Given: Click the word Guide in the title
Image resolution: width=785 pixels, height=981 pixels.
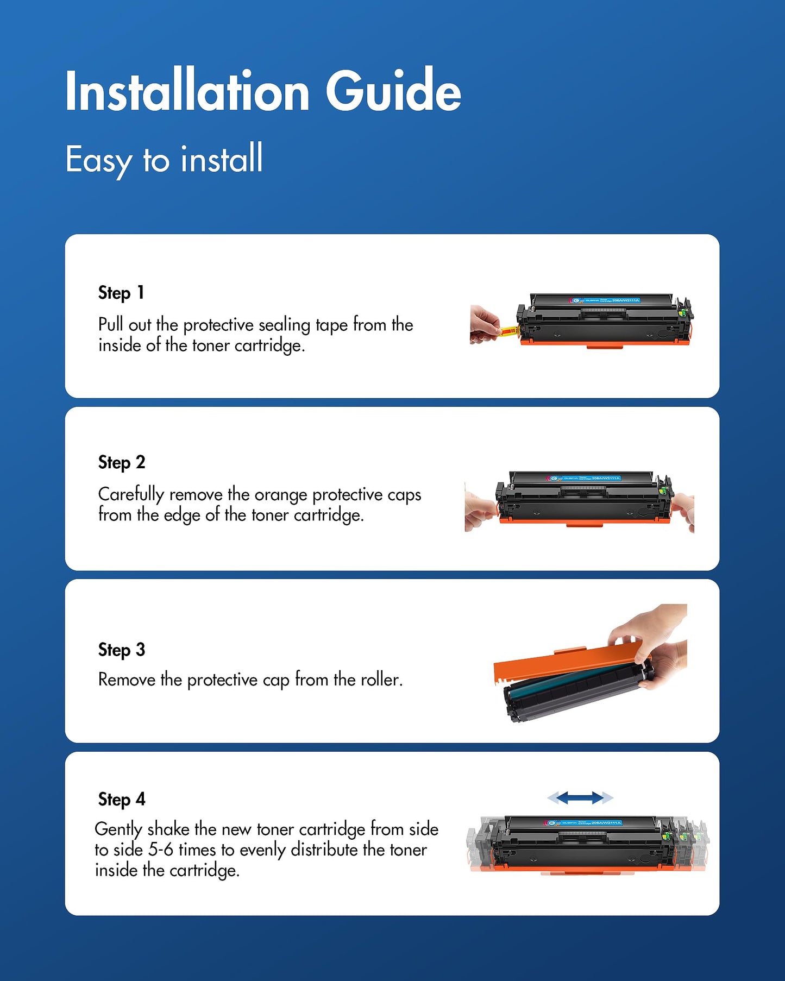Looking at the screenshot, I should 393,91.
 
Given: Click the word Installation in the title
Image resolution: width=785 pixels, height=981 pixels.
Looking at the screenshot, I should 187,91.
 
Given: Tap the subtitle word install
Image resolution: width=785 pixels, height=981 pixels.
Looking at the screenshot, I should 222,159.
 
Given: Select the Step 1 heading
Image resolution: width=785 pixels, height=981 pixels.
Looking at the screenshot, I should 121,293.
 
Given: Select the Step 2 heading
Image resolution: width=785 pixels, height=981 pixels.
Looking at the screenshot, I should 121,462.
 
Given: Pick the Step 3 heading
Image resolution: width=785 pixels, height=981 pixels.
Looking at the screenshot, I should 121,650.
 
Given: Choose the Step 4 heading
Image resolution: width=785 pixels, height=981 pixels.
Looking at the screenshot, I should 121,799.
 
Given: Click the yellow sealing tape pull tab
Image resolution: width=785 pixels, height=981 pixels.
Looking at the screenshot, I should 508,330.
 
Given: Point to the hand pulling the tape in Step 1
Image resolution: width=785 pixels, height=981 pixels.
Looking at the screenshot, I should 483,324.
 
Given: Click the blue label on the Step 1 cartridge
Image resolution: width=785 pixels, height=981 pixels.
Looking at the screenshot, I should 605,300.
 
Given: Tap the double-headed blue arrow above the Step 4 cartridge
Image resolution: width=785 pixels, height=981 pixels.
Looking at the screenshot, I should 580,797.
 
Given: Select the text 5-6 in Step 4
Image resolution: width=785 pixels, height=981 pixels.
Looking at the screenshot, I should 160,850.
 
